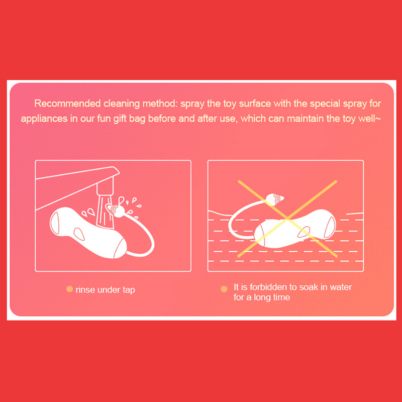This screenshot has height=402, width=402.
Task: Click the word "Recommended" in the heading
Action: point(67,104)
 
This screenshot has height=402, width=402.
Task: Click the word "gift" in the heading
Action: point(120,119)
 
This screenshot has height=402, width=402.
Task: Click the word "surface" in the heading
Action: point(255,104)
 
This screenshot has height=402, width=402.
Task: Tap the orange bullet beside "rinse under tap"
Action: point(69,289)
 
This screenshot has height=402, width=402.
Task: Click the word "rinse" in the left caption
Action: point(85,290)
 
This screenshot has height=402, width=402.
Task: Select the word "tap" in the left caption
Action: point(129,290)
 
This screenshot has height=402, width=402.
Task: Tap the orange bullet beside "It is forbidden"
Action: point(224,289)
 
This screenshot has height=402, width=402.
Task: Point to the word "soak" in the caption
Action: point(309,287)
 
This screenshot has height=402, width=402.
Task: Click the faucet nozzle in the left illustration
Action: point(105,186)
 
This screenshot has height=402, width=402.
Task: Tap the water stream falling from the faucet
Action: point(105,212)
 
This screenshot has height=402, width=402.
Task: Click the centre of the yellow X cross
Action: point(287,219)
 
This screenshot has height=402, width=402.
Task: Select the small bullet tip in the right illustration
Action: point(274,199)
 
